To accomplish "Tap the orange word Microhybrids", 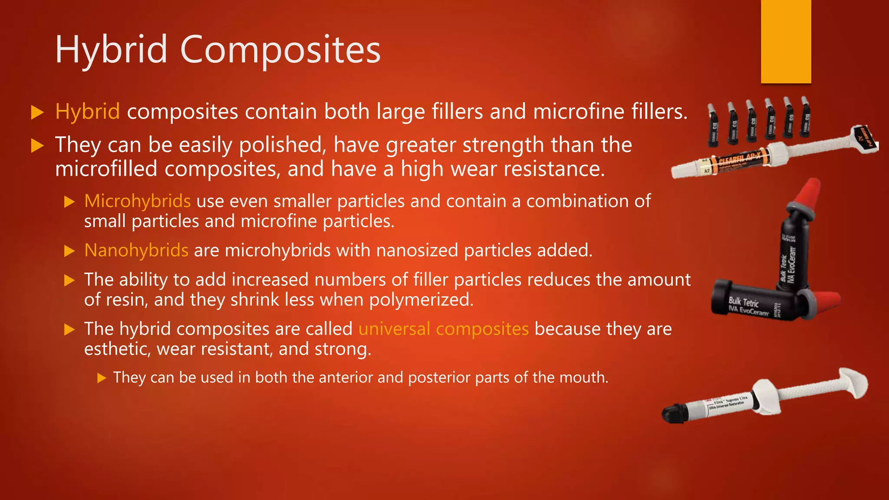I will tap(137, 201).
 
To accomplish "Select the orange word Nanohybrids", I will tap(136, 250).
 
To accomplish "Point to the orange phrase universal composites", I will tap(444, 329).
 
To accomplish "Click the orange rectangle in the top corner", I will tap(786, 41).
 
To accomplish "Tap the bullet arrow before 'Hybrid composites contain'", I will tap(38, 112).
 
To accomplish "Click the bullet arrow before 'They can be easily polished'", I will tap(38, 145).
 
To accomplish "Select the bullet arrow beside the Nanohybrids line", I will tap(69, 251).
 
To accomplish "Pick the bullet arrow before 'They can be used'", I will tap(102, 378).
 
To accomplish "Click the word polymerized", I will tap(421, 300).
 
